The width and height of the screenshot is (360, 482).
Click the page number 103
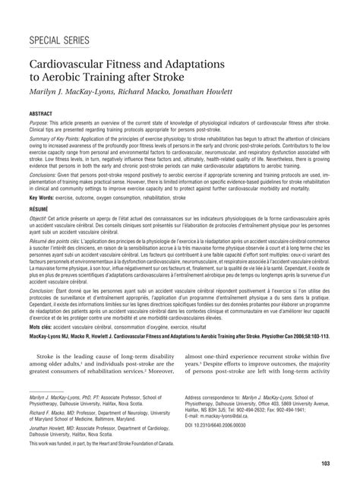point(325,463)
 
